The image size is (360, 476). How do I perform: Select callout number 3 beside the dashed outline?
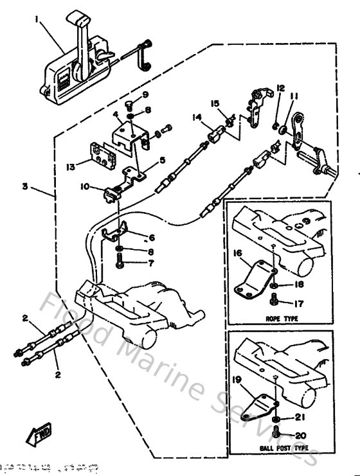coord(24,169)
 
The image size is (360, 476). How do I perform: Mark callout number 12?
coord(280,87)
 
